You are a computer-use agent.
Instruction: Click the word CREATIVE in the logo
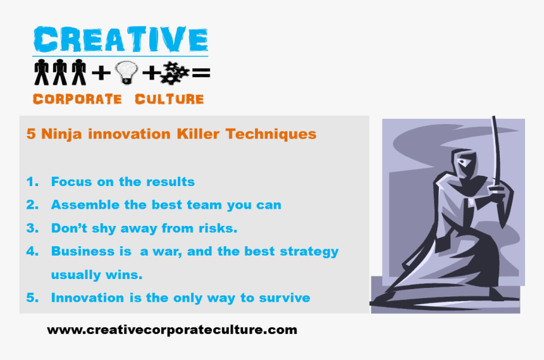pos(120,39)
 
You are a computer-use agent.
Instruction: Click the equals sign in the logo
pos(201,74)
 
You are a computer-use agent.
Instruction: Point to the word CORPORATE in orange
pos(77,99)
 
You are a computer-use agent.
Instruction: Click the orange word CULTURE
pos(169,99)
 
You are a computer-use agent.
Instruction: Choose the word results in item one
pos(170,182)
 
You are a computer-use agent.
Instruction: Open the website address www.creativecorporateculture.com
pos(171,330)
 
